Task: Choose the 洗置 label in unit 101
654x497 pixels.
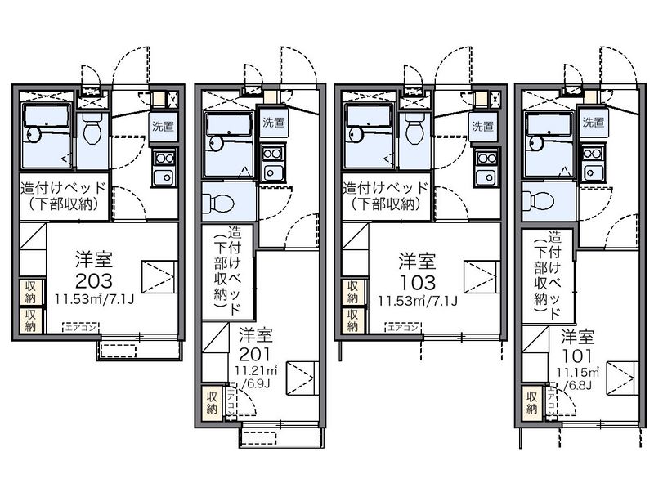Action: coord(594,123)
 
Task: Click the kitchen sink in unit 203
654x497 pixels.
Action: coord(163,177)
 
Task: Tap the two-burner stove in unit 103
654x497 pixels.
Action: coord(487,157)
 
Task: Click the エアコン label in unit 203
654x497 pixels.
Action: coord(83,327)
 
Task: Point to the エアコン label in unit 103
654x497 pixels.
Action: coord(404,327)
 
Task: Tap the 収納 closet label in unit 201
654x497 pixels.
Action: coord(212,403)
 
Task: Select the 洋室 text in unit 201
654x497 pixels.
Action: coord(256,334)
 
